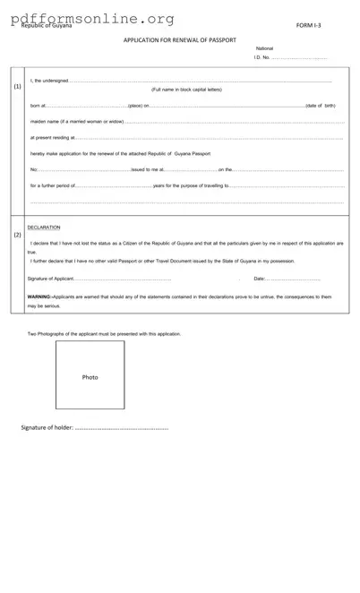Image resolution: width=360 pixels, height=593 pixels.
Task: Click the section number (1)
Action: coord(18,87)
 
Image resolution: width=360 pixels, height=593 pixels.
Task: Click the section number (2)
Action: coord(18,235)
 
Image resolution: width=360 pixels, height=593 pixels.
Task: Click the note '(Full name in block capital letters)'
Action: coord(186,90)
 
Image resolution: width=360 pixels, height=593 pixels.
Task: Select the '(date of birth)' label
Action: coord(320,106)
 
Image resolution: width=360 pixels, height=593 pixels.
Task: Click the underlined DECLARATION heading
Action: coord(43,228)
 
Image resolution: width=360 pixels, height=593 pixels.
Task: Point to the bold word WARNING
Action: coord(39,296)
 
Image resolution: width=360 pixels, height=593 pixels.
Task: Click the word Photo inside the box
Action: coord(90,377)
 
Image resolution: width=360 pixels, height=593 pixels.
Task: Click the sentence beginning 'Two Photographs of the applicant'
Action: coord(104,333)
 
